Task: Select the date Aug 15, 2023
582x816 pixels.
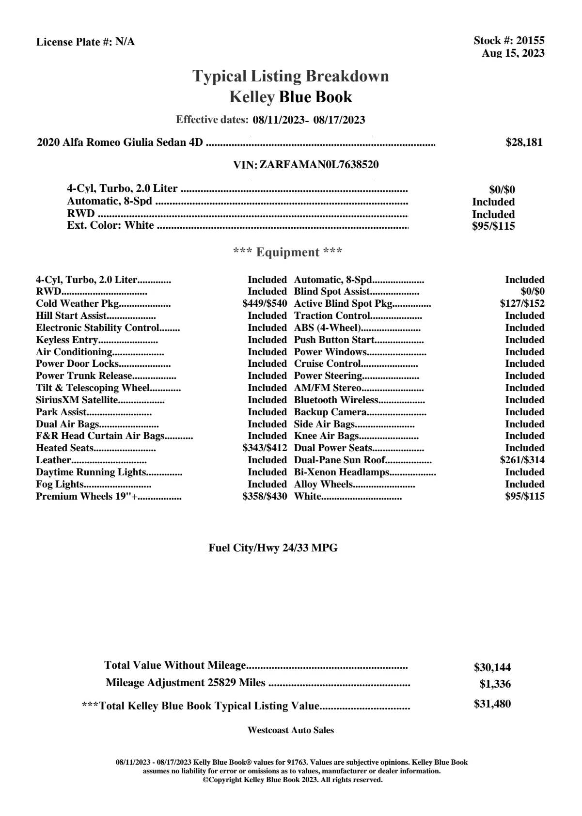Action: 513,53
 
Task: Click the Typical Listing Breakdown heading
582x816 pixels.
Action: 291,76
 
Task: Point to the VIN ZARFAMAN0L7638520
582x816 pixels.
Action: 319,165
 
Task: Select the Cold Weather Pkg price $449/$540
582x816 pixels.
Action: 265,304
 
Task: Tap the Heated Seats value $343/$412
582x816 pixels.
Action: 265,448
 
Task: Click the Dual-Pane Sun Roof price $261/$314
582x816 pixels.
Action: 522,460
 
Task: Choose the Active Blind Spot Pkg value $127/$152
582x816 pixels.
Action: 522,304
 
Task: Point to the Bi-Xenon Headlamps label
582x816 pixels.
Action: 342,472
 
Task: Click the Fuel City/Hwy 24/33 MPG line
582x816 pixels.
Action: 273,548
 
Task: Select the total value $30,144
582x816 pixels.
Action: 492,668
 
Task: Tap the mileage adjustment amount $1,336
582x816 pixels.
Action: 495,684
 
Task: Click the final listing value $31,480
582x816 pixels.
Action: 492,704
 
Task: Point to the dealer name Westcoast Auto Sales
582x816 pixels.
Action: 290,730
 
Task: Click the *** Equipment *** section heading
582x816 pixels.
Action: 287,252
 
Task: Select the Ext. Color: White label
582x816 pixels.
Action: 110,225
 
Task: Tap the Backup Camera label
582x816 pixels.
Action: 330,412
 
